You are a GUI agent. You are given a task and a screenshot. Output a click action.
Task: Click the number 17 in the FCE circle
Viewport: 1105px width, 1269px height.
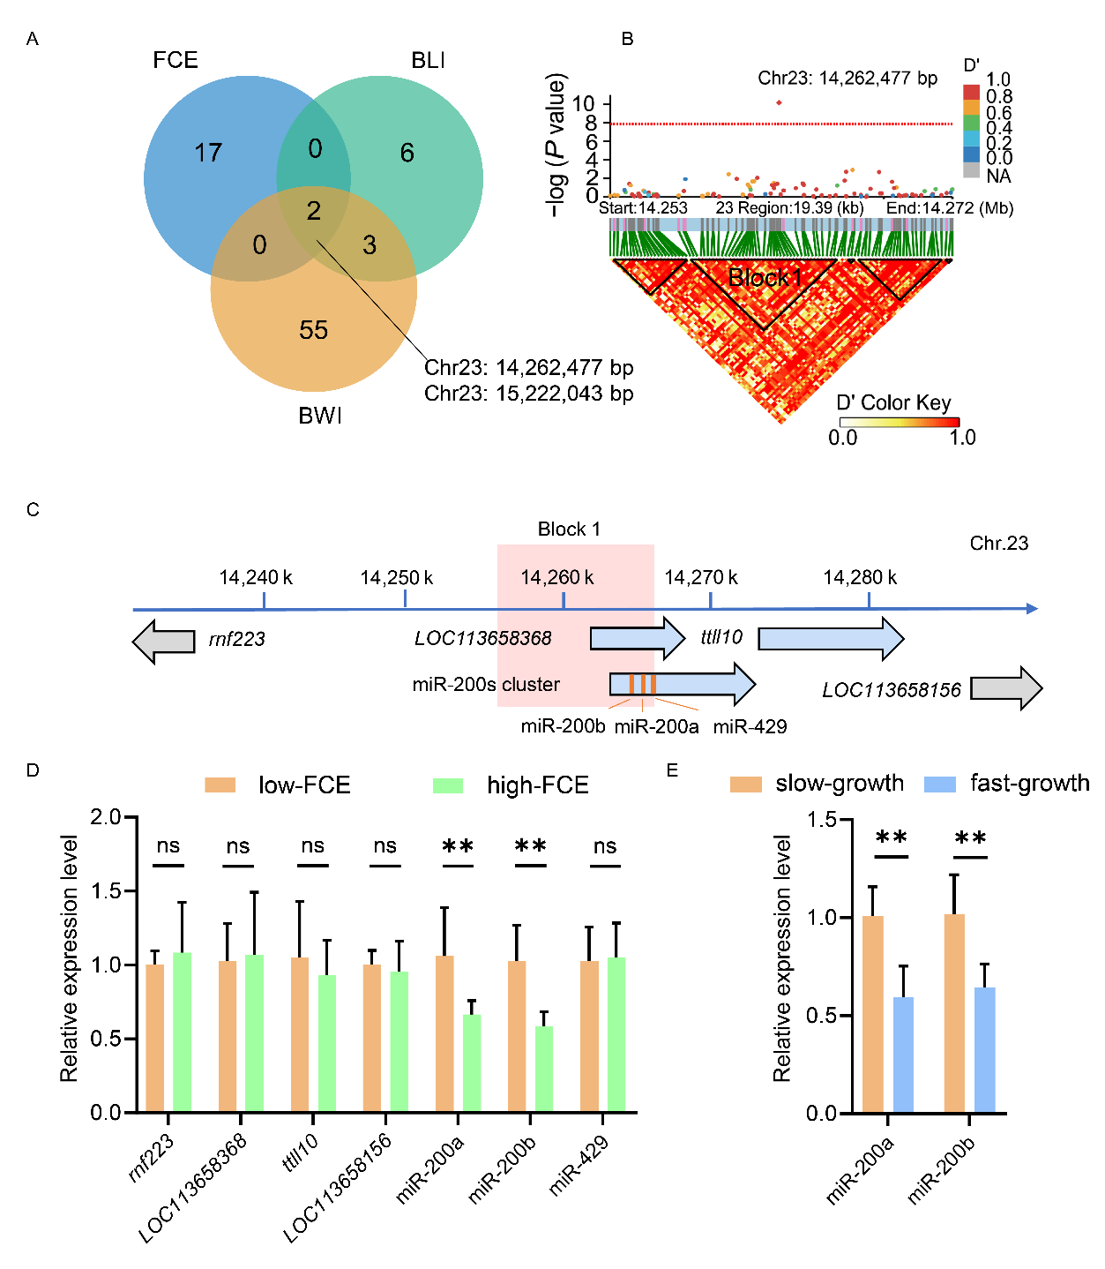point(208,154)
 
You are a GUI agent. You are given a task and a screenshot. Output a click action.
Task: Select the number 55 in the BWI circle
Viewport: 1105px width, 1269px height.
point(313,330)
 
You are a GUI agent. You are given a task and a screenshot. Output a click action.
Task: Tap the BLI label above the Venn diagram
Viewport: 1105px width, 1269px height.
point(428,60)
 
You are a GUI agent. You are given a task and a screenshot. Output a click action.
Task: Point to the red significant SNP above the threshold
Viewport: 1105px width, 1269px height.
point(780,102)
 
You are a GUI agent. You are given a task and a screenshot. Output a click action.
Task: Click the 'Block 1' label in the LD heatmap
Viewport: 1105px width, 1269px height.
point(765,278)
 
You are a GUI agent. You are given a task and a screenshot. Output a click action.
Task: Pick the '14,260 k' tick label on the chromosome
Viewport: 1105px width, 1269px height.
point(556,578)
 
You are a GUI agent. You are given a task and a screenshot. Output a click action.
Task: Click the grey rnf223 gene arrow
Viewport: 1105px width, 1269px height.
point(164,641)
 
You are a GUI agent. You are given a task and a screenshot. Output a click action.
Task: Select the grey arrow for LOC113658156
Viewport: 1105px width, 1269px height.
point(1006,688)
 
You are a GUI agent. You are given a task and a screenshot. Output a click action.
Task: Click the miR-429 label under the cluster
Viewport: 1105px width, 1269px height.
point(750,726)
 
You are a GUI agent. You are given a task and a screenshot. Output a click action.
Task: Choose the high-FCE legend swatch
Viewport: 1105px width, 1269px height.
point(448,785)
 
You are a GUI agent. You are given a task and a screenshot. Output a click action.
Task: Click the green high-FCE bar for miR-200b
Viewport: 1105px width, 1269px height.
point(544,1068)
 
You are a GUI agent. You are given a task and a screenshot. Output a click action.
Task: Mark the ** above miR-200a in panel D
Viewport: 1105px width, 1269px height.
point(458,847)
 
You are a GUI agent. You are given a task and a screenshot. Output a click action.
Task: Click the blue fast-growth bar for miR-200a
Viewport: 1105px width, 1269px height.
point(903,1055)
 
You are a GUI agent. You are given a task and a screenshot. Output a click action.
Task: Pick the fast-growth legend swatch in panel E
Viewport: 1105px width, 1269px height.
point(940,784)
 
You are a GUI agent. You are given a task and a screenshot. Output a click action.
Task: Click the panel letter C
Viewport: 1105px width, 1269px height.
point(33,510)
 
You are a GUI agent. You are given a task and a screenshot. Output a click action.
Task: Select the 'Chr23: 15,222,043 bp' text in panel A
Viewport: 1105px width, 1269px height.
point(528,394)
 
